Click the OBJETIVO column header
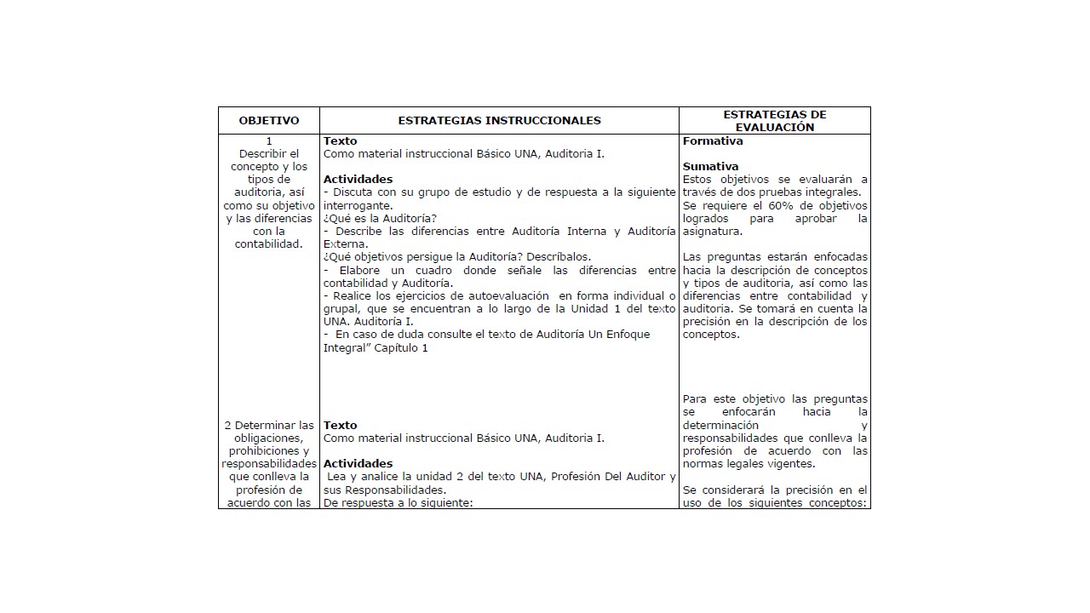[x=269, y=121]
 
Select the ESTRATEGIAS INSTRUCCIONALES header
[x=499, y=121]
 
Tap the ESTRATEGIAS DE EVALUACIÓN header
[x=774, y=121]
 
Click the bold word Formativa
[x=713, y=141]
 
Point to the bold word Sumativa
[x=710, y=167]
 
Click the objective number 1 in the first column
[x=269, y=141]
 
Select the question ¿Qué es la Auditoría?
[x=380, y=218]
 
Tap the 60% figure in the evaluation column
[x=782, y=205]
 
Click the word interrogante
[x=358, y=205]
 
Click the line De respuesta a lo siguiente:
[x=398, y=502]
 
